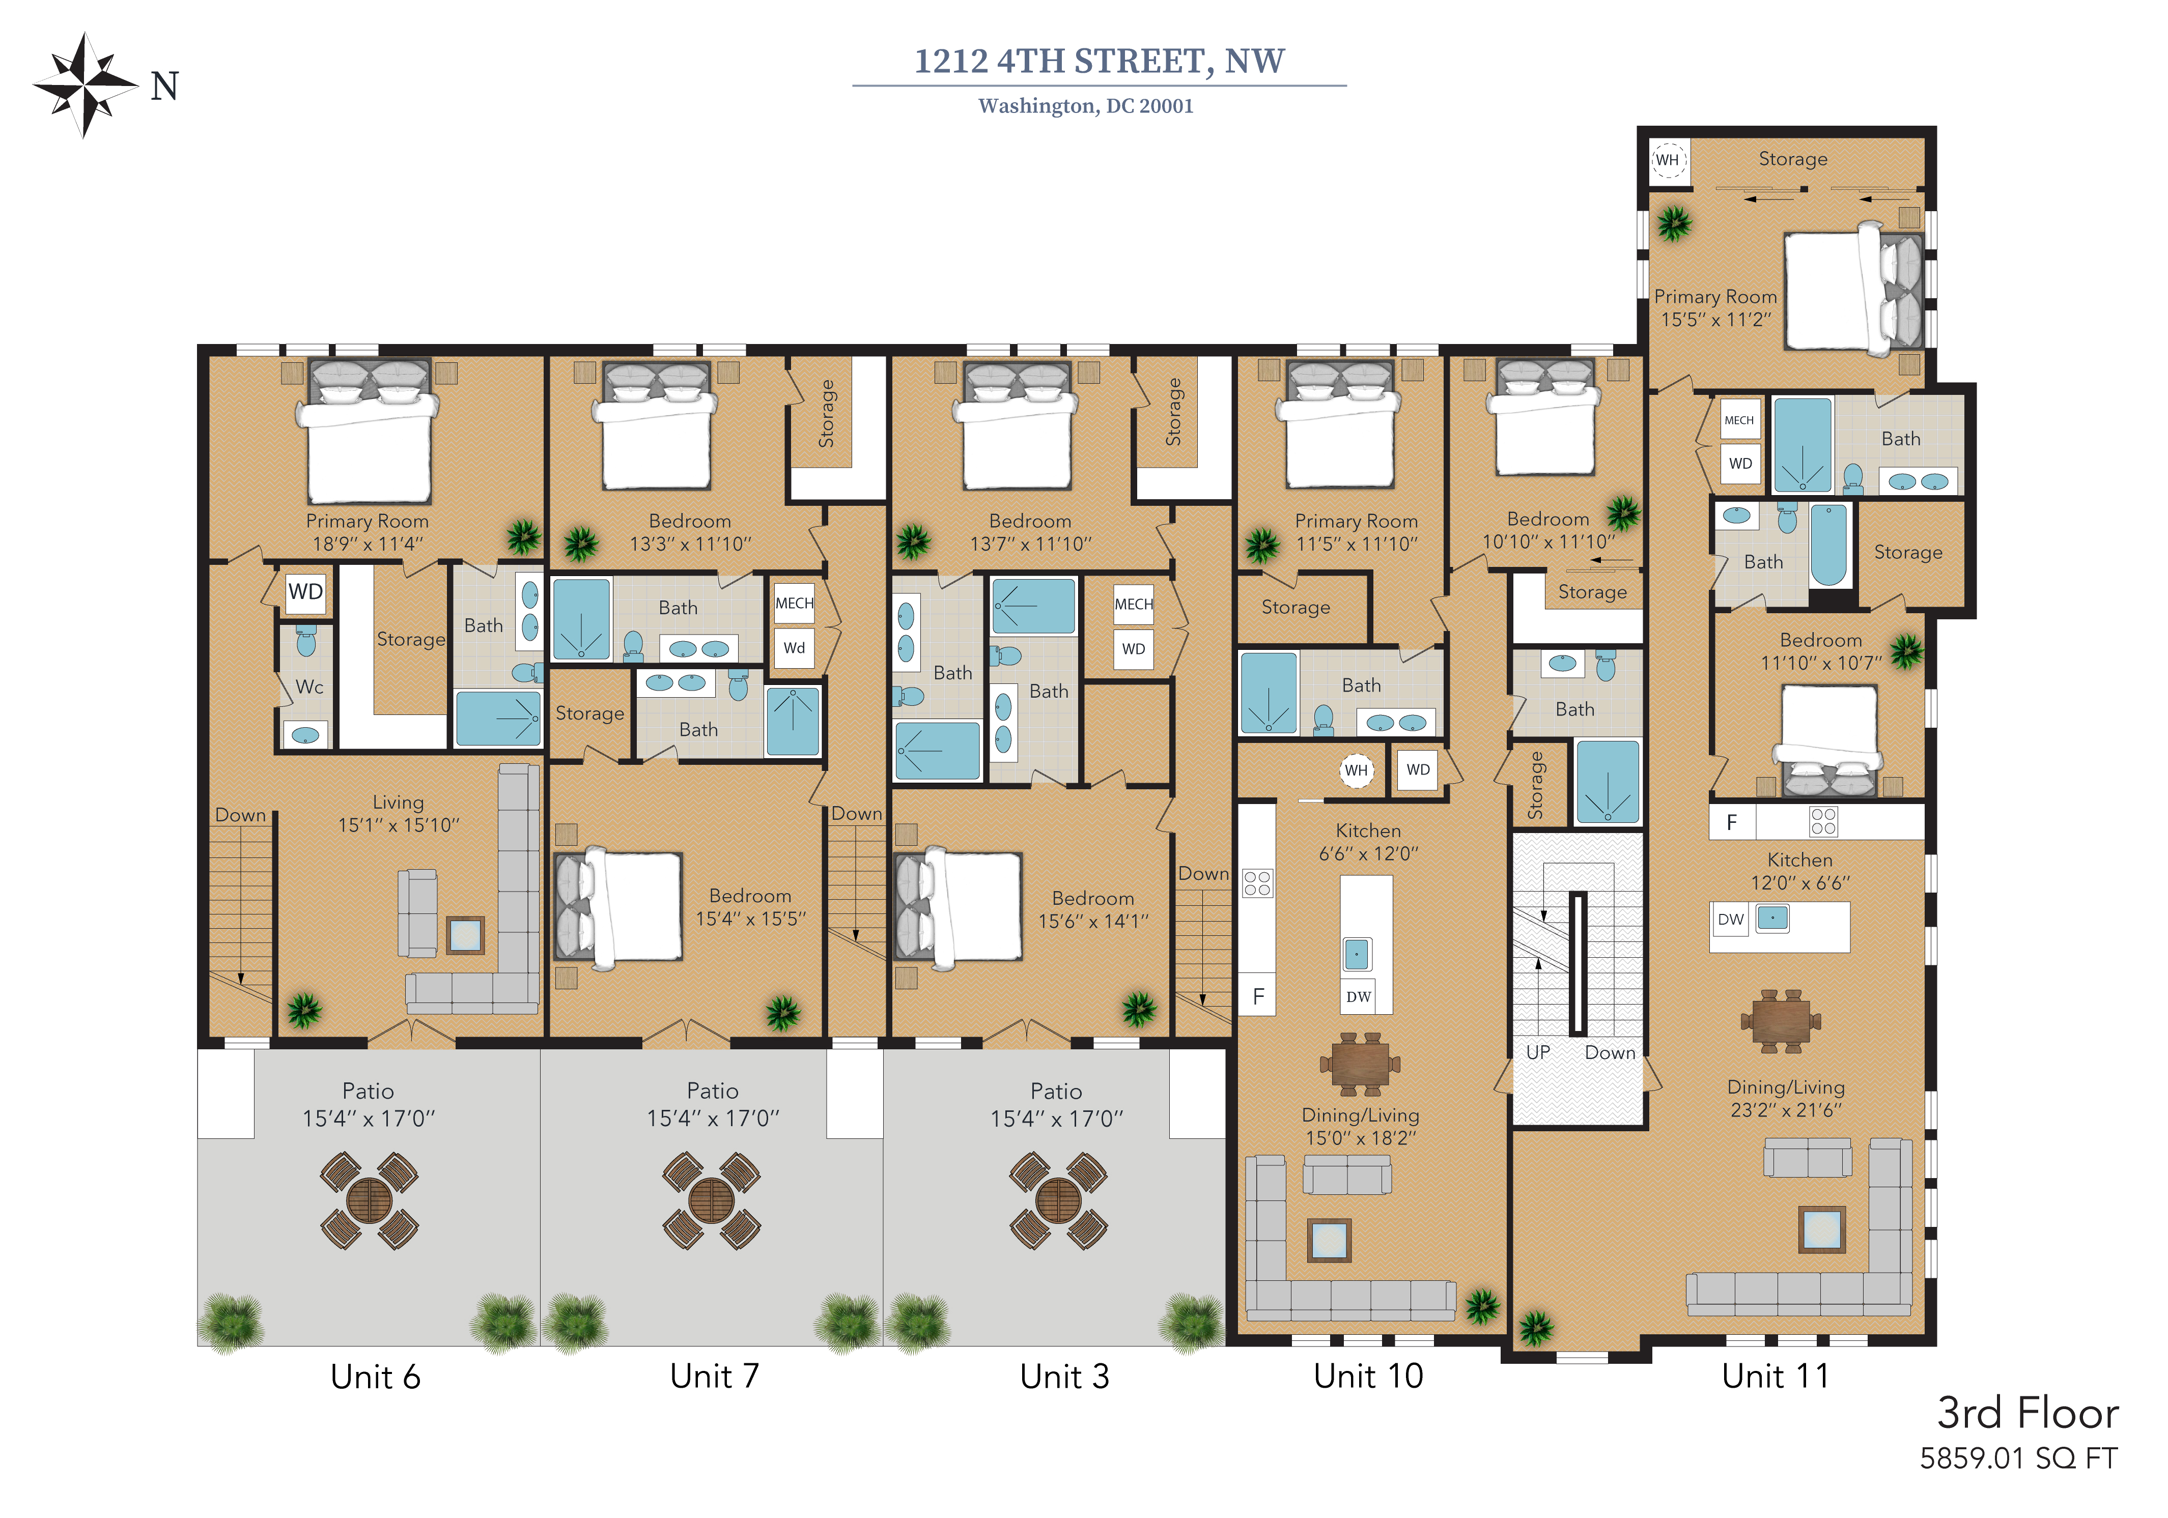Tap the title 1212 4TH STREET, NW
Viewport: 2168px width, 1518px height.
[1099, 62]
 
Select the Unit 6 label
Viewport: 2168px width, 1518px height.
[375, 1377]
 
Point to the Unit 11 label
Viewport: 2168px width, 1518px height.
[1775, 1376]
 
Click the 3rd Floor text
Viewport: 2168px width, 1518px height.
[2028, 1413]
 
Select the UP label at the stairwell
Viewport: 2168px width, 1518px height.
[1538, 1052]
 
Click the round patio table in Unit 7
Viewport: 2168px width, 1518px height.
[712, 1201]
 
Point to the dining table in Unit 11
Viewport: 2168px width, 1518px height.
[1781, 1021]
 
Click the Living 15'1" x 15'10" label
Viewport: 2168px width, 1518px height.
[399, 814]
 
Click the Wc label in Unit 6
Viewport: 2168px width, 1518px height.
[309, 688]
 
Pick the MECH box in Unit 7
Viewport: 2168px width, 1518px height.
[794, 603]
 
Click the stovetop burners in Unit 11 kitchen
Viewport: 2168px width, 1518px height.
[1823, 821]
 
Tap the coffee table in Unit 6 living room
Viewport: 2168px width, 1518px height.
[465, 935]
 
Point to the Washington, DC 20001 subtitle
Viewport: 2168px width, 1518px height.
[1086, 106]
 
